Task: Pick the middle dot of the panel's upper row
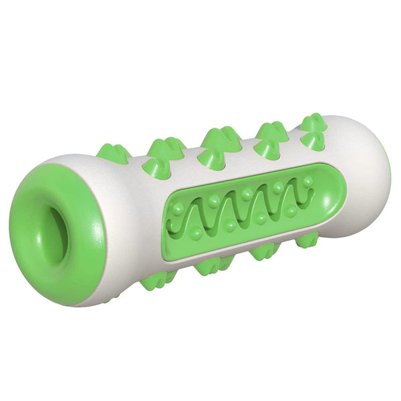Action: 247,194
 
